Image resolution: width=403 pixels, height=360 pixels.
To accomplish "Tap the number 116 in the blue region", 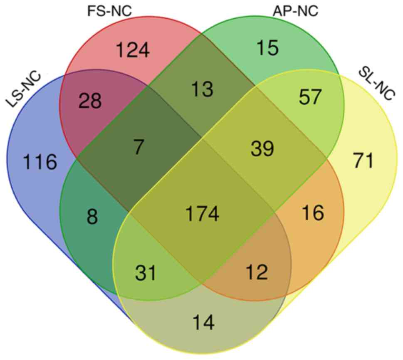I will (40, 162).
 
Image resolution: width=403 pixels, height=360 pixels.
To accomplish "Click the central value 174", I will (202, 214).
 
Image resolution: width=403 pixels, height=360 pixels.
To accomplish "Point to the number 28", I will (90, 101).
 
